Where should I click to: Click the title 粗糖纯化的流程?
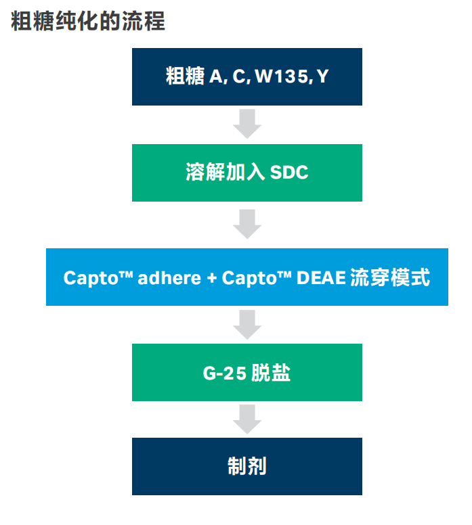(x=88, y=21)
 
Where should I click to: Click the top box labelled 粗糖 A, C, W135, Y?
(x=247, y=76)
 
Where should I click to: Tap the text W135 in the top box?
(x=282, y=76)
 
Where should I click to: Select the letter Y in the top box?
(x=322, y=76)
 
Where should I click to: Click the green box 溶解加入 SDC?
(x=247, y=173)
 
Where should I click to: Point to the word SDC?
(x=289, y=173)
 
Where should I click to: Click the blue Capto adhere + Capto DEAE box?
(x=247, y=277)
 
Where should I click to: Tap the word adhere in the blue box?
(x=169, y=277)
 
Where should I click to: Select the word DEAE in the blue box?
(x=321, y=277)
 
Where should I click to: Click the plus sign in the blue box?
(x=211, y=278)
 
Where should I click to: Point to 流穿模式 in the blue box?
(x=390, y=277)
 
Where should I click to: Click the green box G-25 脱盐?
(x=247, y=372)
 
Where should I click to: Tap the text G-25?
(x=225, y=373)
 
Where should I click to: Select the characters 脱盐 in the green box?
(x=271, y=372)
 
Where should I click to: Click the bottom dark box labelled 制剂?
(x=247, y=466)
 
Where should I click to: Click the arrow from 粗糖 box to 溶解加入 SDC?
(x=247, y=124)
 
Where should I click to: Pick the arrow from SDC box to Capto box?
(x=247, y=224)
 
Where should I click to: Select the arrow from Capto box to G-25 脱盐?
(x=247, y=325)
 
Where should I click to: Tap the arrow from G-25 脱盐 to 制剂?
(x=247, y=419)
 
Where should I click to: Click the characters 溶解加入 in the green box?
(x=226, y=172)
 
